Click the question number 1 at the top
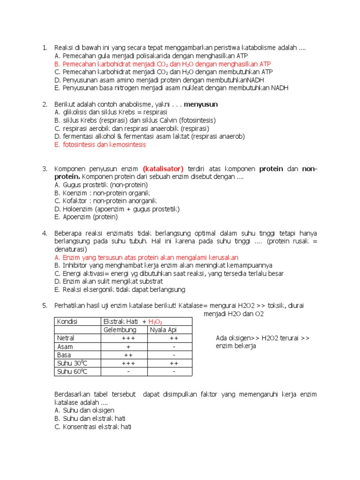[x=45, y=48]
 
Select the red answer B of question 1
[x=162, y=64]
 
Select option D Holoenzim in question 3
[x=117, y=209]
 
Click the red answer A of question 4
[x=147, y=257]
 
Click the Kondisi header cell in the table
[x=67, y=322]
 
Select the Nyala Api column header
[x=164, y=330]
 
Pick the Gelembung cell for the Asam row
[x=128, y=346]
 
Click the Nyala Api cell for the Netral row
[x=173, y=338]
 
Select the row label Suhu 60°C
[x=72, y=372]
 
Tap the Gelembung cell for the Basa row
[x=128, y=355]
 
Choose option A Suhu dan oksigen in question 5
[x=84, y=410]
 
